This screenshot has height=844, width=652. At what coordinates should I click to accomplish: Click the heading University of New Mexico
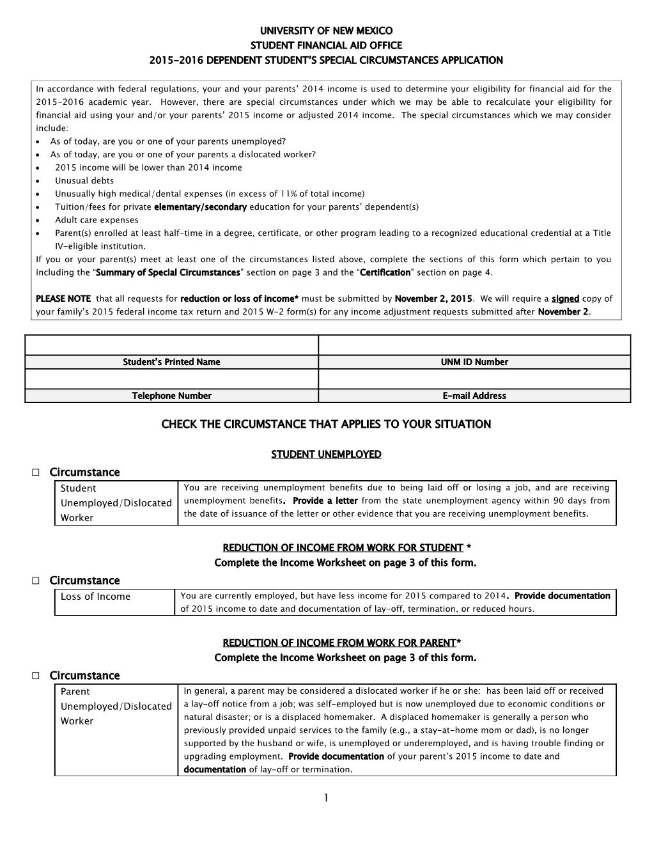[x=326, y=30]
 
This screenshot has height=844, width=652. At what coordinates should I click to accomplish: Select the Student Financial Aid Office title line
[x=326, y=45]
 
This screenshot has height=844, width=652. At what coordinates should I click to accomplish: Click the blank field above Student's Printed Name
[x=171, y=345]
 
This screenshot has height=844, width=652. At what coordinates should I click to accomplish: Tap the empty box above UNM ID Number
[x=474, y=345]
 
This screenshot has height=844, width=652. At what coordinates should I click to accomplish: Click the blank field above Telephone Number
[x=171, y=379]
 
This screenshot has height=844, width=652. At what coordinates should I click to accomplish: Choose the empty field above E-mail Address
[x=474, y=379]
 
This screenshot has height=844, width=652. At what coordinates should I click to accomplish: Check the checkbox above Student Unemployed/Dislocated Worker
[x=36, y=473]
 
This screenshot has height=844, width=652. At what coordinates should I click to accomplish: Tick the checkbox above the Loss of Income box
[x=36, y=581]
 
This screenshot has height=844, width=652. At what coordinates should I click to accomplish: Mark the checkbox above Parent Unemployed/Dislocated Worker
[x=36, y=676]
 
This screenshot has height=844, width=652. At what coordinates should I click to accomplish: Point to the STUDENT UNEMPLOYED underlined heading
[x=326, y=455]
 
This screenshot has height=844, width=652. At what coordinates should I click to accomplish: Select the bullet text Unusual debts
[x=84, y=180]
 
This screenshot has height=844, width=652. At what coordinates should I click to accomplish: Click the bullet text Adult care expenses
[x=97, y=220]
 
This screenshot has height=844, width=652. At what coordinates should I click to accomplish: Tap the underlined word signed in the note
[x=565, y=299]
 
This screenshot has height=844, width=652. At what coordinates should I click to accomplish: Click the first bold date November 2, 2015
[x=433, y=299]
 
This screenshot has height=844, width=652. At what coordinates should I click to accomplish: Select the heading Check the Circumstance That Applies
[x=326, y=425]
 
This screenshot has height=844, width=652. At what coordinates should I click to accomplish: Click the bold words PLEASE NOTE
[x=63, y=299]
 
